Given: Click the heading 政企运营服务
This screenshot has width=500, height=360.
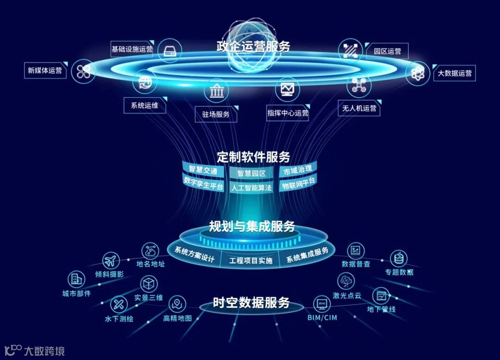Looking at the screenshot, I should [x=253, y=46].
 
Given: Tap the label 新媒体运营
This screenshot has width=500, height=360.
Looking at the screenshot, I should [x=44, y=70].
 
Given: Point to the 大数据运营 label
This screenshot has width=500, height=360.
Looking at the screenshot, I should [x=455, y=73].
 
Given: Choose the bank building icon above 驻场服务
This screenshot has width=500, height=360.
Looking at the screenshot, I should [x=216, y=90].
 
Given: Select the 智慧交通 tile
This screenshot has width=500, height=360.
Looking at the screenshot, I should [x=203, y=170].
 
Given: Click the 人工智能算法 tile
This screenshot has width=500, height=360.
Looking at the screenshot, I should [x=251, y=188].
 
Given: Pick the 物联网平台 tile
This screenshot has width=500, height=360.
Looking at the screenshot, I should [x=299, y=183].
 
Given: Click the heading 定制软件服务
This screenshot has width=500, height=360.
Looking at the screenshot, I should [x=253, y=157].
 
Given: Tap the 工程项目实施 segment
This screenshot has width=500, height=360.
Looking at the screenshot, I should [x=251, y=260].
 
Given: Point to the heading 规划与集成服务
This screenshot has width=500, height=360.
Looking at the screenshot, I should [x=252, y=227].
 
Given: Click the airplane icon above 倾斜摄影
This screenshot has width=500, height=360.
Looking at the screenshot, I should [x=111, y=260].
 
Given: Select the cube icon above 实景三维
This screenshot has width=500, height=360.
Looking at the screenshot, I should [x=149, y=283].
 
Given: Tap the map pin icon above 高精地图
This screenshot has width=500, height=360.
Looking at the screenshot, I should [x=177, y=304].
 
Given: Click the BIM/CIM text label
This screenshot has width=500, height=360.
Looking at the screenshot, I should [x=322, y=318].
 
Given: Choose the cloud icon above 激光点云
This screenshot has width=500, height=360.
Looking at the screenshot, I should [x=346, y=280].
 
